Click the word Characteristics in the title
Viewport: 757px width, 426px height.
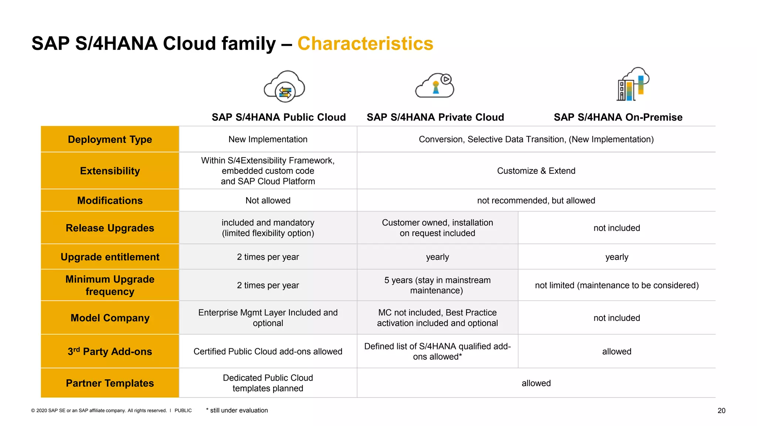[x=365, y=44]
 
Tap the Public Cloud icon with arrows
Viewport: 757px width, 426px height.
[x=284, y=87]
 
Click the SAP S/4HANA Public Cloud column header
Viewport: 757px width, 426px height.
[x=278, y=117]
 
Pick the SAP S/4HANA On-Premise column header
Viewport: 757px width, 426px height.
[x=618, y=117]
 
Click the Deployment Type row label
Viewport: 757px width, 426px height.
[x=110, y=139]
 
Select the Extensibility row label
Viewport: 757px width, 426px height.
[x=110, y=171]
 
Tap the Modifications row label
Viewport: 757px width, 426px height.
[x=110, y=200]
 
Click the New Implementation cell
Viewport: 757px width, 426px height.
[x=268, y=139]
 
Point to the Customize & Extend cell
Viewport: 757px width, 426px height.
[x=536, y=171]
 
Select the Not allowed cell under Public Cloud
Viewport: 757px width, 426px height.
[x=268, y=200]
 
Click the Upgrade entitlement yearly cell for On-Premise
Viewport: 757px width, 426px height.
[x=617, y=257]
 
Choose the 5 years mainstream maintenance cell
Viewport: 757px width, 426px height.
[x=437, y=285]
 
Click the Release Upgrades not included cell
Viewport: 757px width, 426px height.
[x=617, y=228]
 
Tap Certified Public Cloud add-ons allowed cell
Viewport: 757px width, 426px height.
[x=268, y=351]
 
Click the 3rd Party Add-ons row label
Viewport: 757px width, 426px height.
[x=110, y=351]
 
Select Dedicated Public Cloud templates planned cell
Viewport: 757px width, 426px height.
[x=268, y=383]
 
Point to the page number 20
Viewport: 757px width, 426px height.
[x=721, y=411]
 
